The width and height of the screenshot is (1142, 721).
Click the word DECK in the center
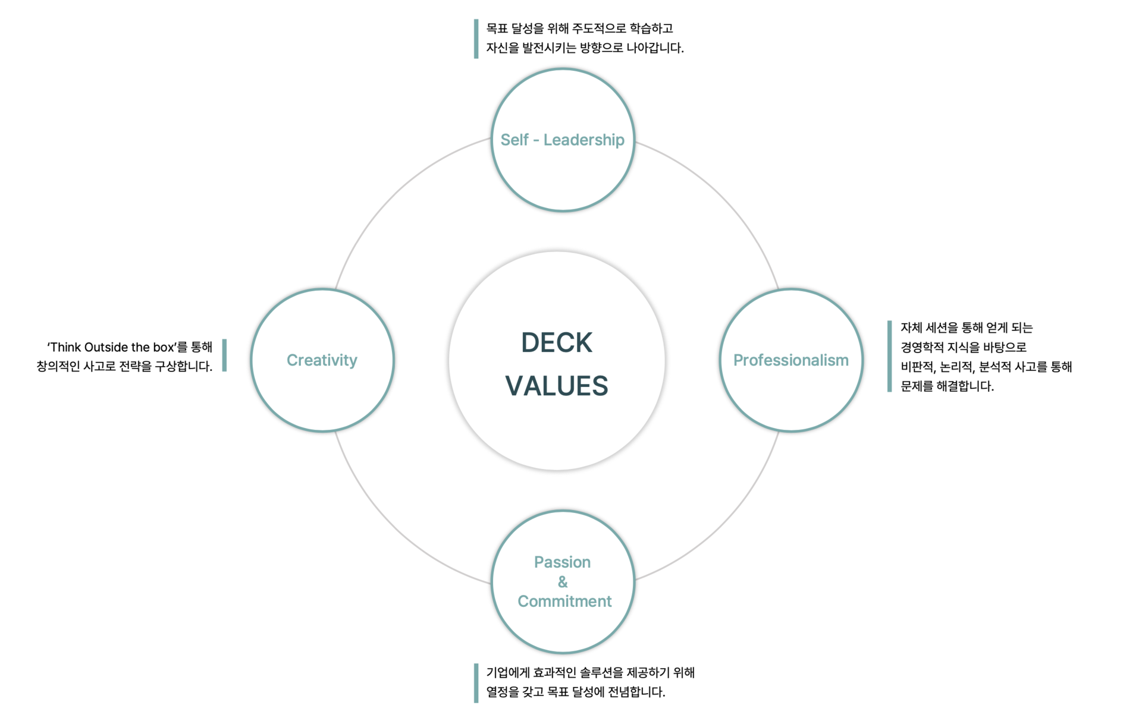557,343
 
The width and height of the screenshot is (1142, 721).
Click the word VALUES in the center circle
557,386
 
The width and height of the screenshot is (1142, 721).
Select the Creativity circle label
322,360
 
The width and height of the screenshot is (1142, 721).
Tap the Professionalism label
790,360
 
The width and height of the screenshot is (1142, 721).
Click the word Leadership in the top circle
583,140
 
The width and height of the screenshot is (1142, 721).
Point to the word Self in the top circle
514,140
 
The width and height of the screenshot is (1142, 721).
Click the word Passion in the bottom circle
562,562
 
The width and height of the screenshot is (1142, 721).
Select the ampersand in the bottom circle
563,582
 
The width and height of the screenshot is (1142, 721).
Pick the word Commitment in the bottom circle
564,602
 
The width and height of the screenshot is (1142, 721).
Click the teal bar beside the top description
476,39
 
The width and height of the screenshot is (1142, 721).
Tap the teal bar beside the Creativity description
224,355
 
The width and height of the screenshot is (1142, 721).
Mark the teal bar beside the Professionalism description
889,357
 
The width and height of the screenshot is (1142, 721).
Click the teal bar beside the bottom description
476,683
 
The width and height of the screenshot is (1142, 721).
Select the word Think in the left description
66,348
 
